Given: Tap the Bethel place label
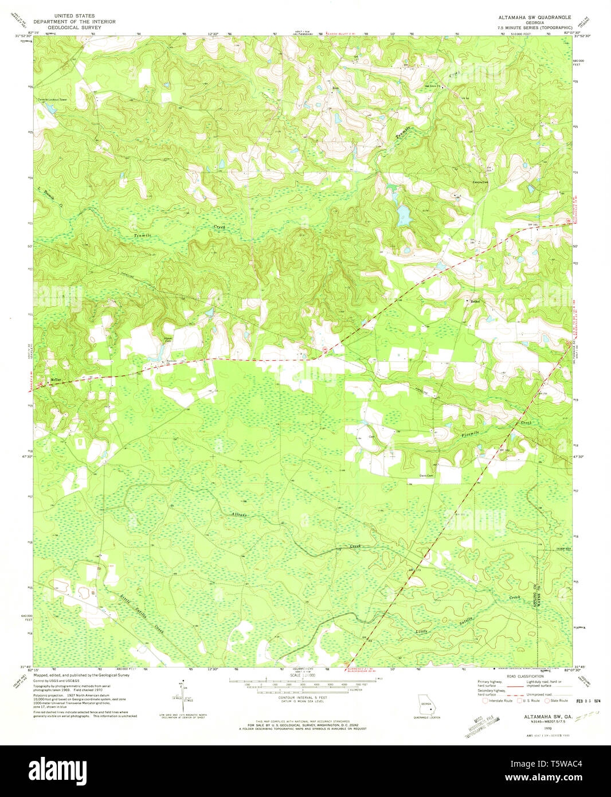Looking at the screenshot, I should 475,301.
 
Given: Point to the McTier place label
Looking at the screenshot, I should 56,380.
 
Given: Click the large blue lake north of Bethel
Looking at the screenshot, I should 404,216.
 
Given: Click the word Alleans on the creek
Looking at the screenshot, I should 240,515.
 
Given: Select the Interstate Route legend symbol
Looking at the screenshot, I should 486,700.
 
